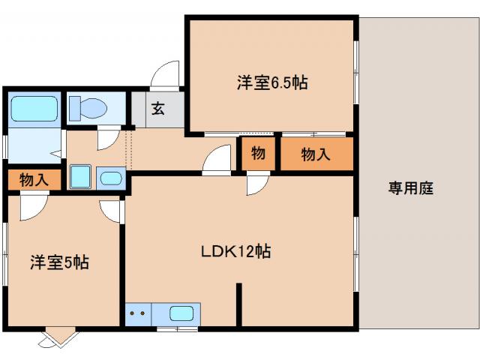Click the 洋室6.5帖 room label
pos(272,83)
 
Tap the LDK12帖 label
pos(235,252)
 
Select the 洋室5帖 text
pos(59,262)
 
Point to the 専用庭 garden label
pos(410,188)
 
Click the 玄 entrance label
pos(158,109)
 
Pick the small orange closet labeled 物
pos(257,154)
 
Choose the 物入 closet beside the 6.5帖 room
pos(316,154)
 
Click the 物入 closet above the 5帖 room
pos(34,180)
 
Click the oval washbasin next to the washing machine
pos(111,178)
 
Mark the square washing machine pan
pos(80,178)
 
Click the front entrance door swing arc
pos(164,75)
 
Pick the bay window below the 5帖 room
pos(59,338)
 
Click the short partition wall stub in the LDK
pos(239,304)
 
